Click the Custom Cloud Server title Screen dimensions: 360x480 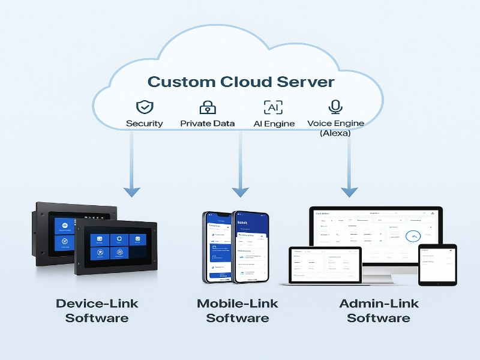(241, 82)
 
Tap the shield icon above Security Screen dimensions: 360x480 (144, 107)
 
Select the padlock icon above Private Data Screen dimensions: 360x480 (208, 107)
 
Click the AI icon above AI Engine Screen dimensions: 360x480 (273, 107)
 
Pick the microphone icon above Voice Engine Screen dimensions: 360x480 (335, 107)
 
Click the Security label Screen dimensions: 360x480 (144, 124)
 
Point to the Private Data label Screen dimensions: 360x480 (208, 124)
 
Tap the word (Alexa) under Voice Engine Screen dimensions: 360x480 (335, 133)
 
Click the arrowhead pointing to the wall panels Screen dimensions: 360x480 (131, 191)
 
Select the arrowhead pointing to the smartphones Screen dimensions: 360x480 (240, 191)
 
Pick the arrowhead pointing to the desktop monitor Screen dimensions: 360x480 (349, 191)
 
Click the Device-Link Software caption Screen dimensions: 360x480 (97, 310)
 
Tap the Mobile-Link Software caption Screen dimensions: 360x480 (238, 310)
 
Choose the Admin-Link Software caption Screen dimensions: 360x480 (379, 310)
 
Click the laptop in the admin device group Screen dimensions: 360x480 (325, 264)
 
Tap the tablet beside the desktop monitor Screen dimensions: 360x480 (437, 264)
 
